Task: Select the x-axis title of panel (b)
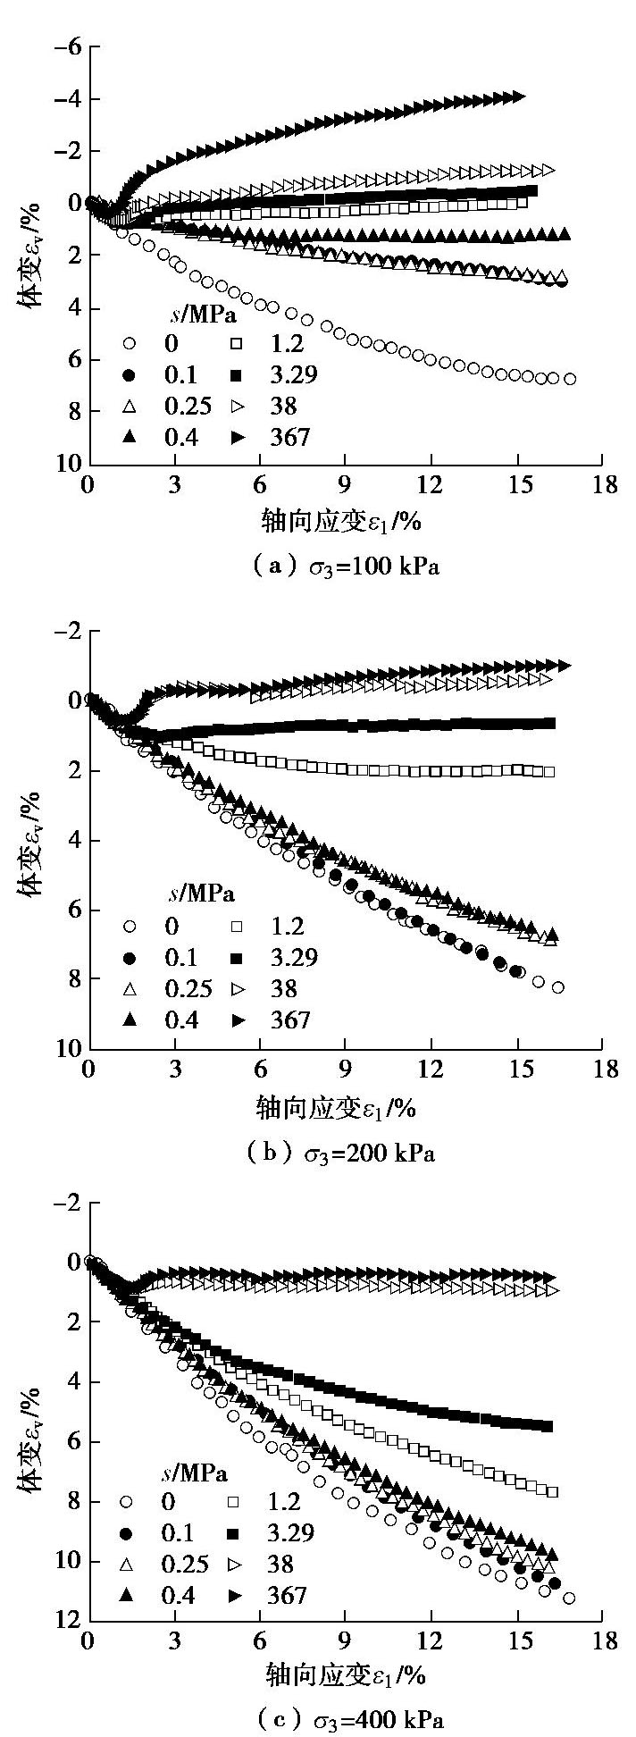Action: tap(338, 1109)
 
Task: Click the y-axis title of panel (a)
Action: tap(29, 264)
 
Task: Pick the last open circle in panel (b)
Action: tap(558, 987)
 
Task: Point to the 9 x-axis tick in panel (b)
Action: tap(346, 1070)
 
